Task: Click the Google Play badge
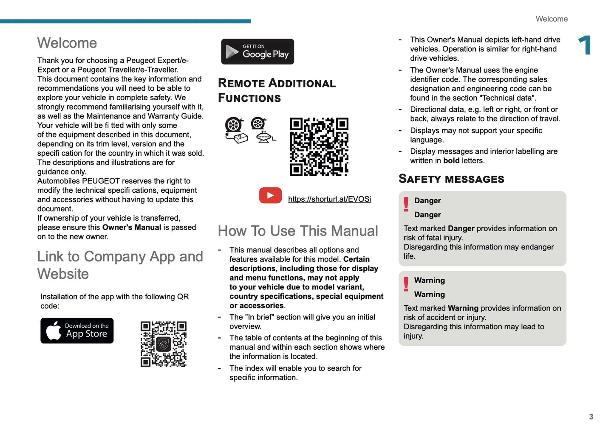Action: point(257,52)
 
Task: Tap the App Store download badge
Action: point(77,331)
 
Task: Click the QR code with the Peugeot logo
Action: point(164,344)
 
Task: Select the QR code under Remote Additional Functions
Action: point(319,147)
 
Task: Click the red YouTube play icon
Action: point(270,196)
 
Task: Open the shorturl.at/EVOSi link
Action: point(329,199)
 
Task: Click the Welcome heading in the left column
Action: point(67,43)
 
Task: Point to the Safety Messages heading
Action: point(451,179)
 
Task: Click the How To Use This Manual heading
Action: point(298,231)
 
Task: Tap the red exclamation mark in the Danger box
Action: point(406,204)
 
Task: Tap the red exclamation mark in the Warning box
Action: point(406,284)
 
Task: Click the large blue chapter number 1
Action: point(585,45)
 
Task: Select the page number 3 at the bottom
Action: point(591,417)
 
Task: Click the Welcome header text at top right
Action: point(552,19)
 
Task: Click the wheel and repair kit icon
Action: point(235,130)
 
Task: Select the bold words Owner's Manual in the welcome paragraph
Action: point(132,227)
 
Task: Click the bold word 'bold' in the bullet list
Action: point(451,161)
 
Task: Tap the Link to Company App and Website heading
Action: point(120,265)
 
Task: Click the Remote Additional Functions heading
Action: point(276,90)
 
